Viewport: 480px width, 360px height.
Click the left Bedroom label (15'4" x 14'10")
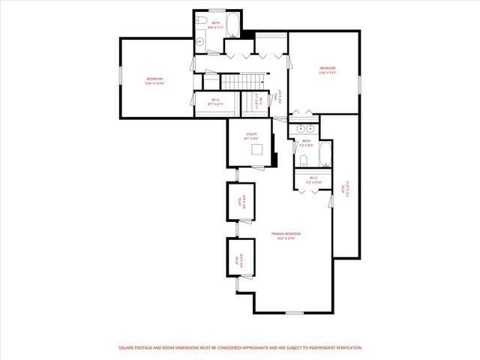click(x=154, y=80)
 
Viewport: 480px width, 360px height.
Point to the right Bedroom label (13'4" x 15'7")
click(x=328, y=71)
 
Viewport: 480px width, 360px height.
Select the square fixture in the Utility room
click(x=257, y=149)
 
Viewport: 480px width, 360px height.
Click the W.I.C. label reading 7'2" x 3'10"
click(x=313, y=180)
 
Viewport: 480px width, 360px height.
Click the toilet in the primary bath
click(x=301, y=160)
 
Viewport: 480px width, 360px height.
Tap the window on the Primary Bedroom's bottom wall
click(x=295, y=313)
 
